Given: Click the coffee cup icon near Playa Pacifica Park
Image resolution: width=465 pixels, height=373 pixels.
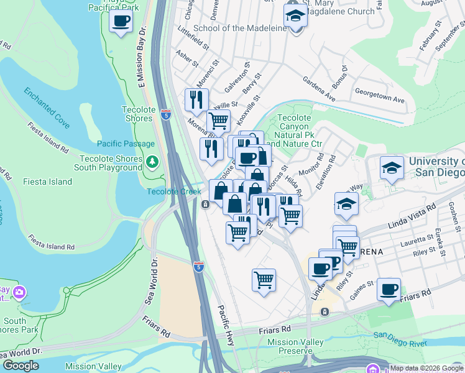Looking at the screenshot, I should click(x=121, y=21).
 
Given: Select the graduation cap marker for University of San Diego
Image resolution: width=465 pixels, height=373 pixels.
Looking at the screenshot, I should click(x=392, y=168).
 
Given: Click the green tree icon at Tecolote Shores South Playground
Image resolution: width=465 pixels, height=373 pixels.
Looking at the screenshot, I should click(x=153, y=163).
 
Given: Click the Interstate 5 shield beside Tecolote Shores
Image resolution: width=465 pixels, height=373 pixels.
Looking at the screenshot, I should click(x=165, y=114).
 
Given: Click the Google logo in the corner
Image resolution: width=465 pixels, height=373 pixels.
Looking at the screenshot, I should click(x=21, y=366).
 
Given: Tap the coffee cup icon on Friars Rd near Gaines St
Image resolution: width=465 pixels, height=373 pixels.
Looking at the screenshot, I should click(x=389, y=289).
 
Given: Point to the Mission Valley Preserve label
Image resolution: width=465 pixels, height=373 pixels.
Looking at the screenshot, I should click(x=295, y=347).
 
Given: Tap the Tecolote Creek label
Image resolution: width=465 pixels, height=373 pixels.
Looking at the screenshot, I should click(x=174, y=191).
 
